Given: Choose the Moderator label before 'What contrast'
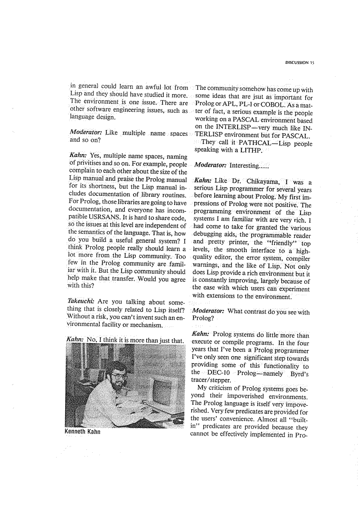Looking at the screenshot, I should [209, 312].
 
